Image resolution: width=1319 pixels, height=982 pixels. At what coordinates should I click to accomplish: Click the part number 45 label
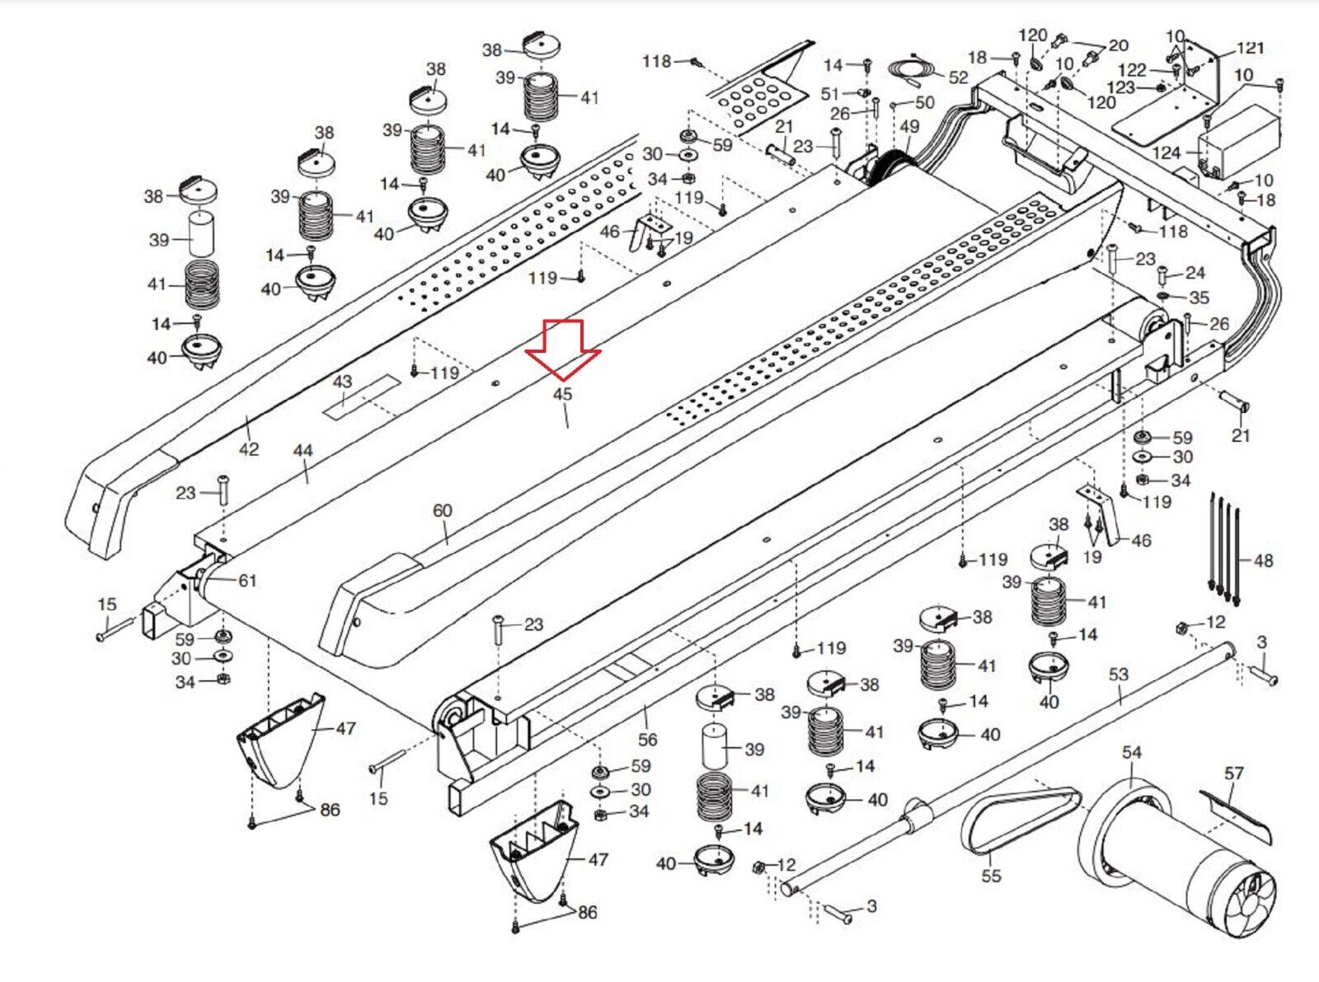562,394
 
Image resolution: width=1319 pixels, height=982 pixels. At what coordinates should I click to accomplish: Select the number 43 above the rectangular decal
342,382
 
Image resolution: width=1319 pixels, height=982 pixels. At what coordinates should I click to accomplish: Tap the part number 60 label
443,510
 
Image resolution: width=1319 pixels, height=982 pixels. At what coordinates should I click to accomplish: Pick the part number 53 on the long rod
1118,674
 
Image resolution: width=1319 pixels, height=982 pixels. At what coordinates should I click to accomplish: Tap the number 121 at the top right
1250,48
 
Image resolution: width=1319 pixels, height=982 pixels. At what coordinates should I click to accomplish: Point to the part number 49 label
909,127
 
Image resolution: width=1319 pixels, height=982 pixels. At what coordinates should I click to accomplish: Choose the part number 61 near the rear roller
247,580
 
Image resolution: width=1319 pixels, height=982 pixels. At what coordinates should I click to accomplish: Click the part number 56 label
648,740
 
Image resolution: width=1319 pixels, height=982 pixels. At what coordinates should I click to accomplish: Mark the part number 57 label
1233,773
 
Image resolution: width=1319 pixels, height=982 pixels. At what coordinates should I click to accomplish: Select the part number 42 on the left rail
248,449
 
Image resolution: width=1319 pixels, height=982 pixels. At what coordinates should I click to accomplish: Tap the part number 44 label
303,451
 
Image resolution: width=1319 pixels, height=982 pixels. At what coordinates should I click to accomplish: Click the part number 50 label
925,102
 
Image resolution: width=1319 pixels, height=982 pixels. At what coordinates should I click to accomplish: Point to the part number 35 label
1199,298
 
